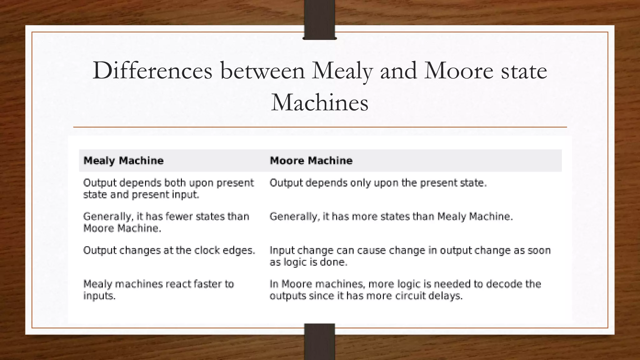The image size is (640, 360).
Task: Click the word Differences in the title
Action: [x=152, y=71]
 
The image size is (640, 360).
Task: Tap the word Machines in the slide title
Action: [x=320, y=102]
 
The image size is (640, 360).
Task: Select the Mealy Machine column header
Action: [x=123, y=161]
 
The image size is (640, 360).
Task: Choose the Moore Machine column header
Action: [x=311, y=161]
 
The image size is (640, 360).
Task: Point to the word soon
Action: [x=539, y=250]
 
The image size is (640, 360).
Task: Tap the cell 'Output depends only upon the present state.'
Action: [x=378, y=183]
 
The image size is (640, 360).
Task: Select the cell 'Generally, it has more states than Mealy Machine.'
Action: [x=391, y=216]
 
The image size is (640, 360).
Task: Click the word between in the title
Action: [x=262, y=71]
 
